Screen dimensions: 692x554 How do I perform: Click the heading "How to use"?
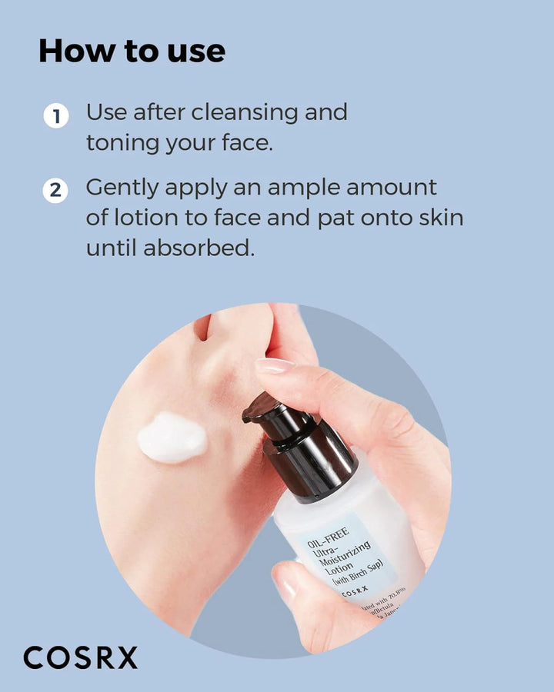pyautogui.click(x=132, y=51)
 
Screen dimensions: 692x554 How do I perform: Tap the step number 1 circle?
pyautogui.click(x=55, y=117)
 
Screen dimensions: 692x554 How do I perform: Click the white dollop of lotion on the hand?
pyautogui.click(x=172, y=437)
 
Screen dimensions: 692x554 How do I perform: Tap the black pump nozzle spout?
pyautogui.click(x=258, y=408)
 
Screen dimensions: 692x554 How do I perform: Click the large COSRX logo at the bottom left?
pyautogui.click(x=81, y=657)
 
